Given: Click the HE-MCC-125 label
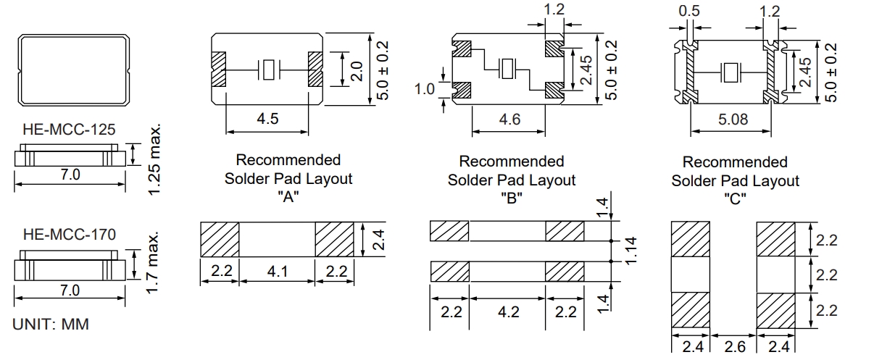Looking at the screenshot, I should click(x=69, y=130).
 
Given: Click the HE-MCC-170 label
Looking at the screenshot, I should click(x=69, y=235).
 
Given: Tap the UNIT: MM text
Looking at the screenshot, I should click(x=51, y=325).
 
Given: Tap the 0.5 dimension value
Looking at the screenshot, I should click(x=688, y=12).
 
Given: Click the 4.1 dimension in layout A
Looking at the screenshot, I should click(x=277, y=272).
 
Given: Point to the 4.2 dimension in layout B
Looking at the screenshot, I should click(x=508, y=313).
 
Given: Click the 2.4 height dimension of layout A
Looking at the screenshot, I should click(x=376, y=237).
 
